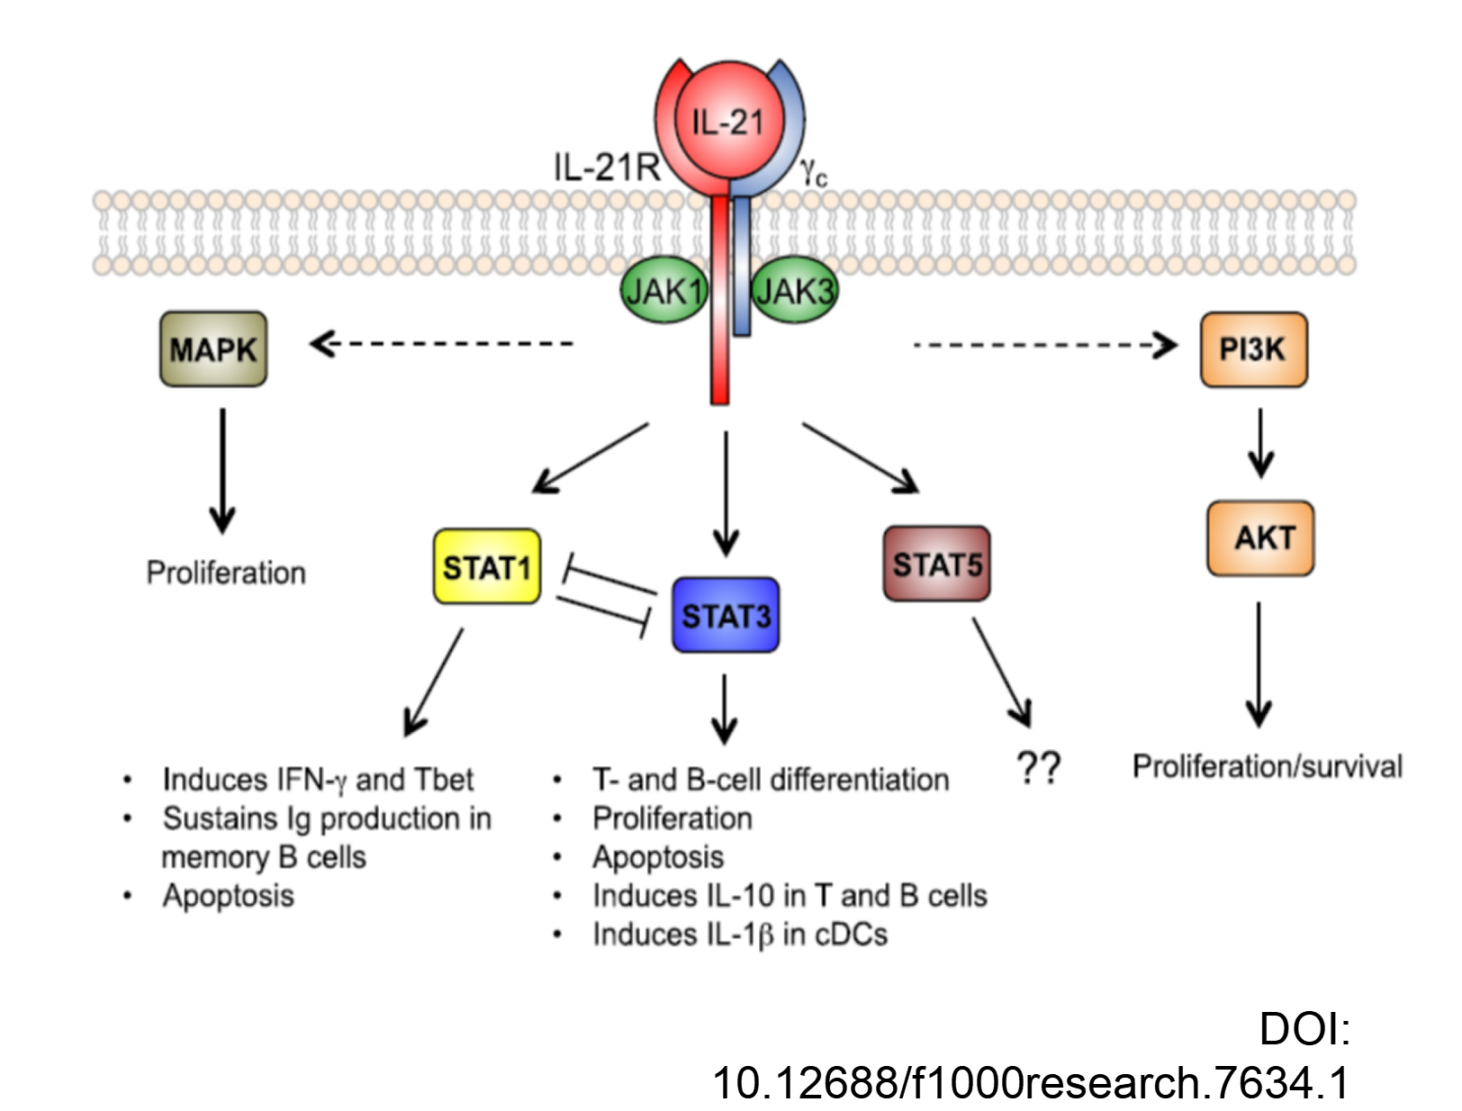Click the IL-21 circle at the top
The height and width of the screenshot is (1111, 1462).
click(x=728, y=121)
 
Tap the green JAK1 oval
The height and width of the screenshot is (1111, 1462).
click(x=664, y=292)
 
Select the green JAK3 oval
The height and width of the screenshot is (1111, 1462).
click(x=794, y=292)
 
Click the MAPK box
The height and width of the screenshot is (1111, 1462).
click(x=213, y=349)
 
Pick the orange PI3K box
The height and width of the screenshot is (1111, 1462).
click(x=1253, y=349)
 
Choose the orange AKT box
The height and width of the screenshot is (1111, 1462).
click(x=1260, y=538)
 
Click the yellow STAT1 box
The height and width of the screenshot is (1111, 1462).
click(x=487, y=567)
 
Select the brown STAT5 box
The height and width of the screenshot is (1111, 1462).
click(x=936, y=565)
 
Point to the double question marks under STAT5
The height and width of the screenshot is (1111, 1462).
click(x=1038, y=768)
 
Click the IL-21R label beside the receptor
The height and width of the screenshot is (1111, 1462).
click(x=607, y=167)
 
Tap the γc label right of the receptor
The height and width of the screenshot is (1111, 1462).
click(x=813, y=174)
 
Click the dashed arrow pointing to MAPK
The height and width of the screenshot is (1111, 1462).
click(x=442, y=344)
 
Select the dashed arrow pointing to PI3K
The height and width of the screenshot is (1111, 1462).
click(x=1046, y=345)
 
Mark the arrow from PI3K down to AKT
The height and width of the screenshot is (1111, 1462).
click(x=1260, y=443)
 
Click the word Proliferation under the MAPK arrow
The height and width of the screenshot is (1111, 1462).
click(x=226, y=573)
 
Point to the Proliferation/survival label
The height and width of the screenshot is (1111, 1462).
click(x=1268, y=767)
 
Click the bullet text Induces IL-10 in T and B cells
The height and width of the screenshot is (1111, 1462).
click(x=790, y=896)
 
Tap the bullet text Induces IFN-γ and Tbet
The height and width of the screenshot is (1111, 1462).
click(x=319, y=780)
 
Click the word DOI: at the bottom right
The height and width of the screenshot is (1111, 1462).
click(x=1304, y=1029)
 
